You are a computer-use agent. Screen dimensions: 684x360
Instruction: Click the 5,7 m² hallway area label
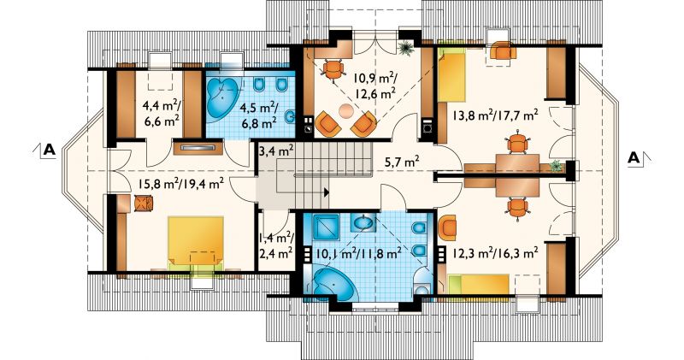pos(402,162)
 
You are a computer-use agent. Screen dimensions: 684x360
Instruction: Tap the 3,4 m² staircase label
pos(275,152)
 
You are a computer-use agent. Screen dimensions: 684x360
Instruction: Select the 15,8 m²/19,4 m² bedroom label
pos(181,184)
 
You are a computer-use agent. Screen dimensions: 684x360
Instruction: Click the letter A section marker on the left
pos(50,150)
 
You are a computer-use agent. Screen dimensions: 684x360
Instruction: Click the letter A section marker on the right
pos(634,157)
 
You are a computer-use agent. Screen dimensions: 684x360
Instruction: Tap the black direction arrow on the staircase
pos(327,192)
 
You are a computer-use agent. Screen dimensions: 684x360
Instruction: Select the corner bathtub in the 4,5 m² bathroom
pos(223,97)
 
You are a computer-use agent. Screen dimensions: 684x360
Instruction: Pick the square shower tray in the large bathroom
pos(325,226)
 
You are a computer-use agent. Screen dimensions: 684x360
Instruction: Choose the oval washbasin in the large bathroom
pos(363,223)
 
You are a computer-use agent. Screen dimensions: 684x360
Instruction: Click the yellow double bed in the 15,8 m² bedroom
pos(196,241)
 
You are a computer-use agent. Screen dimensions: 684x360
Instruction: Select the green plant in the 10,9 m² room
pos(405,47)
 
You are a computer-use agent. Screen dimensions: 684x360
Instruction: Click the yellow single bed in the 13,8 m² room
pos(452,74)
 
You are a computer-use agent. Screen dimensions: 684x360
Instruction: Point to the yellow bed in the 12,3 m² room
pos(479,285)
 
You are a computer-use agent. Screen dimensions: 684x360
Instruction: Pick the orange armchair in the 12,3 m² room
pos(447,228)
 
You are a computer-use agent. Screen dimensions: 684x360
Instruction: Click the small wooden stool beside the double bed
pos(144,204)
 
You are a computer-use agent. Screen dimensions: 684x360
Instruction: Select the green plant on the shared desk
pos(555,166)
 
